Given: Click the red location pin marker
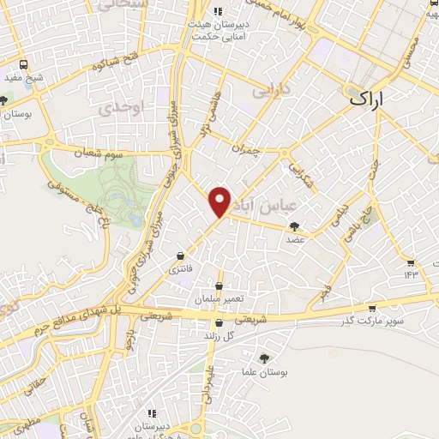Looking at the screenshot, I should click(x=220, y=201).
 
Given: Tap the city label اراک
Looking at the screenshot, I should click(x=370, y=99).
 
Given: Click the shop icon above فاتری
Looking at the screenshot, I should click(x=180, y=256).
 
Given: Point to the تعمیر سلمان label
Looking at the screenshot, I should click(x=219, y=300).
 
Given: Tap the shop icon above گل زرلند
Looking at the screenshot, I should click(x=220, y=324).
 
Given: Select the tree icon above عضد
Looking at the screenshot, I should click(x=296, y=226).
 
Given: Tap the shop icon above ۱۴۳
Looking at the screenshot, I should click(x=410, y=262).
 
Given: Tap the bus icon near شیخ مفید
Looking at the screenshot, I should click(x=22, y=64).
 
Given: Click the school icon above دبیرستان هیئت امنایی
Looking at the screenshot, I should click(x=219, y=12).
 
